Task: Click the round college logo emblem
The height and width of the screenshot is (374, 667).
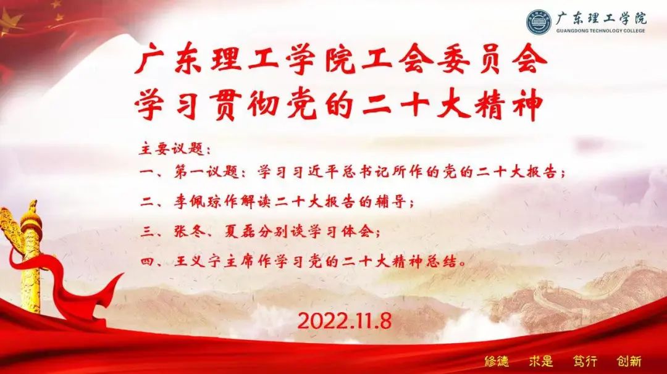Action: point(539,22)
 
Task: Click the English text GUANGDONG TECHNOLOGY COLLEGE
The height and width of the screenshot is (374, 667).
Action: point(600,31)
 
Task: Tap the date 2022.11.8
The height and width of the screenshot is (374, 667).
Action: point(344,321)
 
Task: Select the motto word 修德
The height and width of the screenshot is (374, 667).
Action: point(497,361)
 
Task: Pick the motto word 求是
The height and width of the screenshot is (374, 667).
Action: point(541,361)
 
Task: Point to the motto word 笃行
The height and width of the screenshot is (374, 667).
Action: point(585,361)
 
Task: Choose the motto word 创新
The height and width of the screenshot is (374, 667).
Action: point(629,361)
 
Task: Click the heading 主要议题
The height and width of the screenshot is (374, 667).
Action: point(171,149)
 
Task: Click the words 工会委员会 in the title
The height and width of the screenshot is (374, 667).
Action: point(455,61)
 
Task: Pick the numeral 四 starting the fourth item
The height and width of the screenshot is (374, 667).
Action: point(147,262)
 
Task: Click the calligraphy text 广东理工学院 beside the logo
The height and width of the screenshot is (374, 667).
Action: point(601,19)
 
